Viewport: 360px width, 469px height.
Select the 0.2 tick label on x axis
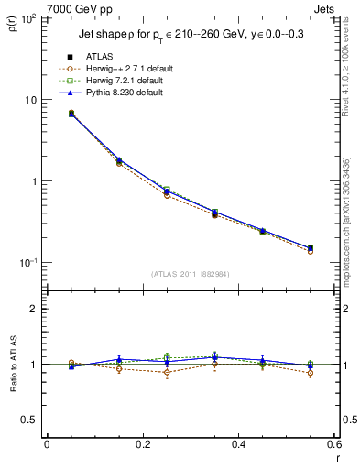(x=143, y=445)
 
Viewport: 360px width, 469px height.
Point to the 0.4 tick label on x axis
(x=238, y=445)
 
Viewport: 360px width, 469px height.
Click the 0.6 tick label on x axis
(x=333, y=445)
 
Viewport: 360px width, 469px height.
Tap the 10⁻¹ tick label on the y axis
(x=27, y=263)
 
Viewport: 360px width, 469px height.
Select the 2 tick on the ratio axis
(x=34, y=310)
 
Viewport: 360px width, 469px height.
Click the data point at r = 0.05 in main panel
(x=71, y=114)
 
